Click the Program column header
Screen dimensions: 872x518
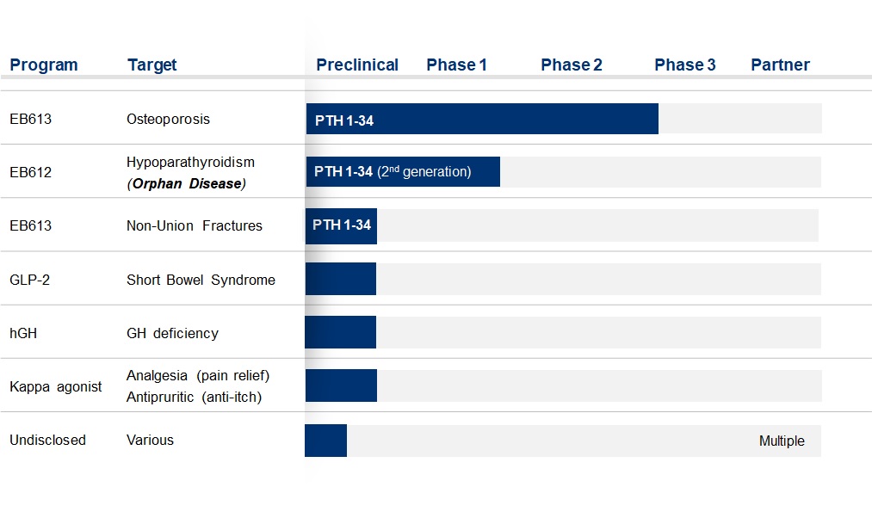43,65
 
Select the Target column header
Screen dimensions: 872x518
152,65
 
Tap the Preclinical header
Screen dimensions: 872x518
357,65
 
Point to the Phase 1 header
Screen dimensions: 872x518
456,65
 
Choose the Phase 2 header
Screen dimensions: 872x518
572,65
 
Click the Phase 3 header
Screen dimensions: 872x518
685,65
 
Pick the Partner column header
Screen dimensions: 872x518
780,65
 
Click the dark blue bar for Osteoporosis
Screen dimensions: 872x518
482,119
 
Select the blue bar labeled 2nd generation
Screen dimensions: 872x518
403,172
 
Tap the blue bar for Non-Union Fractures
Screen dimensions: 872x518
341,225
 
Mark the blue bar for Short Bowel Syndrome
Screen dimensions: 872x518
340,279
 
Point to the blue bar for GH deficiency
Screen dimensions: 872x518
340,332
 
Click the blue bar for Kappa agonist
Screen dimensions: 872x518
341,385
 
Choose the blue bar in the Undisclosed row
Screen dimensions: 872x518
326,441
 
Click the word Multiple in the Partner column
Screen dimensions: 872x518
782,441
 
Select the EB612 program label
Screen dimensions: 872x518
31,172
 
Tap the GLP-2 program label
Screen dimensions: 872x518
29,280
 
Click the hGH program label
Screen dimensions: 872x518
23,333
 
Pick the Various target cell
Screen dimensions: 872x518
150,441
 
